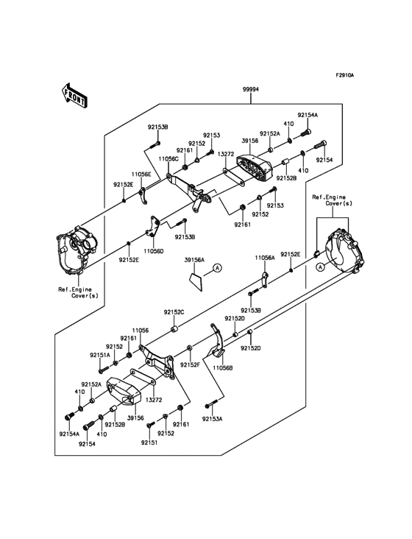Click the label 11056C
[168, 158]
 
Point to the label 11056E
[141, 175]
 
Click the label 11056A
[265, 258]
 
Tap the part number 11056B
[222, 366]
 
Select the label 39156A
[193, 260]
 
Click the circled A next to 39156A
[218, 269]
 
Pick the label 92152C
[174, 312]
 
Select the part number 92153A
[212, 419]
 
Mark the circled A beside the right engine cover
[320, 269]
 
